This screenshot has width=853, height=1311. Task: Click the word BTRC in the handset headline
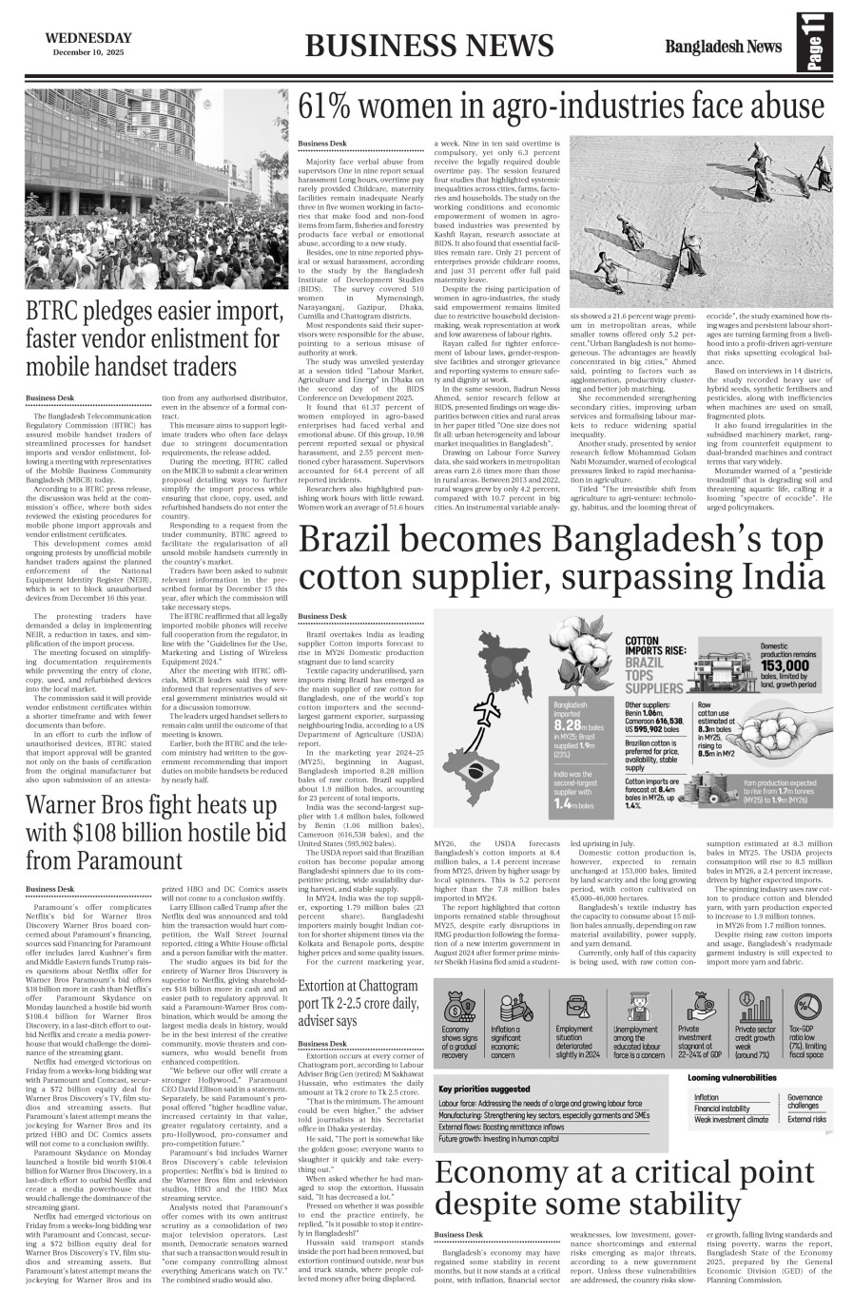click(x=63, y=311)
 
